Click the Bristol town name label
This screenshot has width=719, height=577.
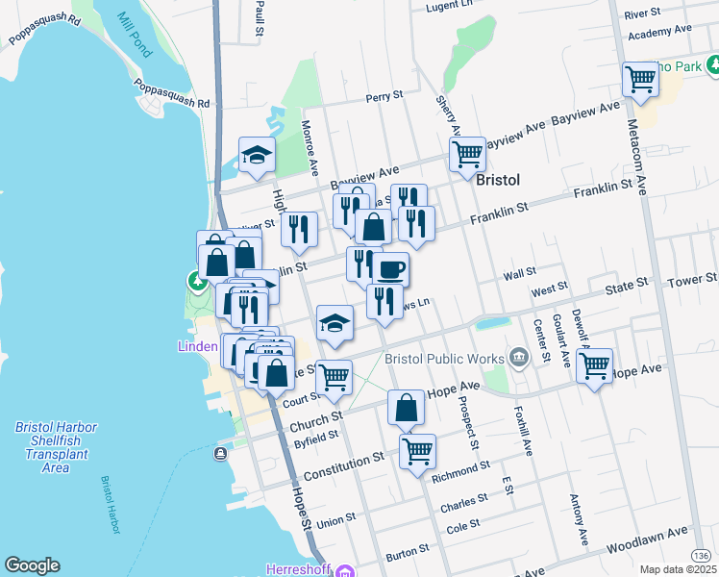pos(498,180)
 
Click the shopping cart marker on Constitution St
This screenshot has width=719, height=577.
pos(417,450)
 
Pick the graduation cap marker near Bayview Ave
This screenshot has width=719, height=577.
pos(257,156)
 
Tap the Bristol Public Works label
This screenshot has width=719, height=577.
pos(444,359)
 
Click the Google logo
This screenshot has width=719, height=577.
pos(32,565)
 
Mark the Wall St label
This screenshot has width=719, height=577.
pos(519,273)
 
